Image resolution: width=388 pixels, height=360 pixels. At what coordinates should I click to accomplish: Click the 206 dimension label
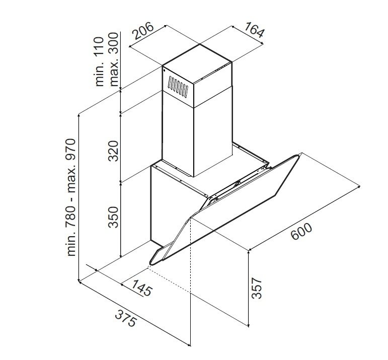tap(143, 31)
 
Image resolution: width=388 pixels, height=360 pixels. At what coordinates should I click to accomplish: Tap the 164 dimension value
tap(254, 30)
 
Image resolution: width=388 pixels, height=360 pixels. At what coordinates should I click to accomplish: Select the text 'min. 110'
tap(100, 61)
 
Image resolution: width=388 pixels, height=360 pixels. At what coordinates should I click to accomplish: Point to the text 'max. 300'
tap(114, 59)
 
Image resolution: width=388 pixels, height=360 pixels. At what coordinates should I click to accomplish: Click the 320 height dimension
tap(114, 151)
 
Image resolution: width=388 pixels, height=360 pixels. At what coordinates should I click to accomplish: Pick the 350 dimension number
tap(114, 217)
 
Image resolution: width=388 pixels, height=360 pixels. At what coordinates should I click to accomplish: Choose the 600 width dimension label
tap(301, 232)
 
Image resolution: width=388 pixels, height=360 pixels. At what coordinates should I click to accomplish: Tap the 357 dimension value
tap(257, 288)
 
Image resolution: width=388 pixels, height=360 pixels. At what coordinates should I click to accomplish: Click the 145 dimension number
tap(141, 287)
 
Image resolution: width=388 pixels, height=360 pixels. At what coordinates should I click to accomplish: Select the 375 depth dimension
tap(125, 318)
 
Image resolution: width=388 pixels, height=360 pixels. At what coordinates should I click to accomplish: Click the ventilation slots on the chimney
tap(178, 87)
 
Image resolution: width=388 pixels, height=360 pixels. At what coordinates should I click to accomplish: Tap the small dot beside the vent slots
tap(164, 70)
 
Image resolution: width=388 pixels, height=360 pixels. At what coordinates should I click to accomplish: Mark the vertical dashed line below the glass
tap(191, 255)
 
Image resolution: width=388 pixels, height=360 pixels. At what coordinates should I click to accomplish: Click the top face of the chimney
tap(197, 63)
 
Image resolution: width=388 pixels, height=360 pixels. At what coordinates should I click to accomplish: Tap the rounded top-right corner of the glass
tap(297, 156)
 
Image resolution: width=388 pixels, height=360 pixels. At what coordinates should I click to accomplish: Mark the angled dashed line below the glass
tap(169, 279)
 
